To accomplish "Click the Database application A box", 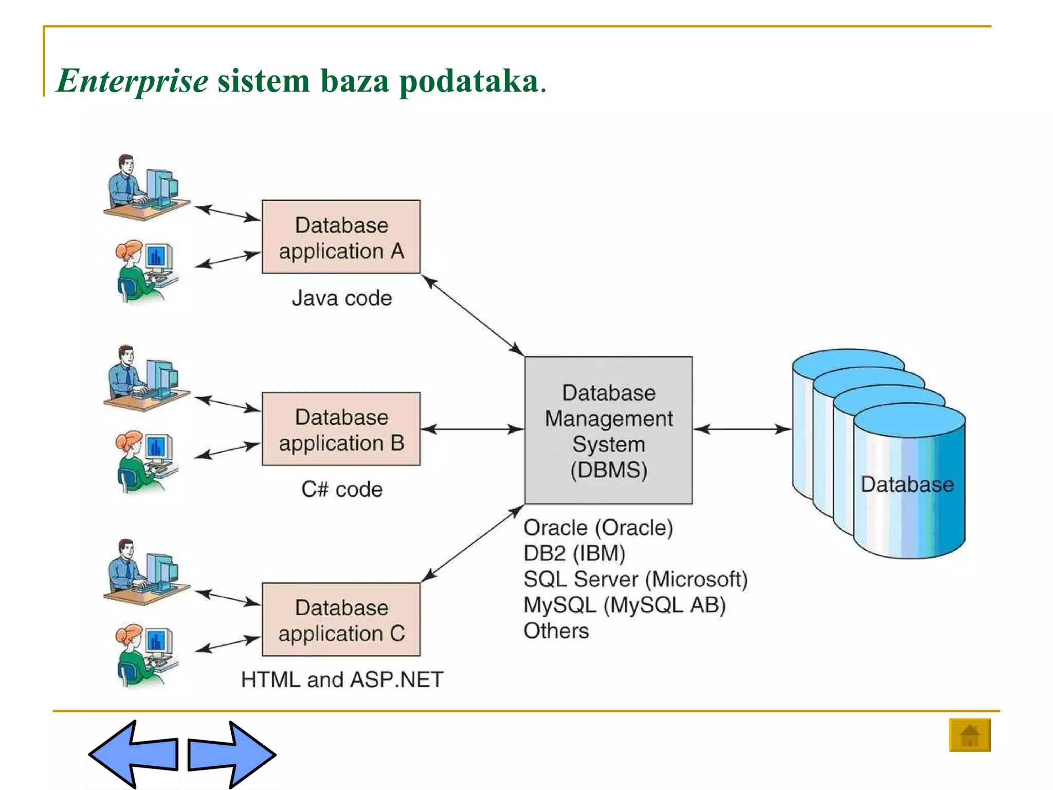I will (341, 237).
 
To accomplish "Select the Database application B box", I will (341, 429).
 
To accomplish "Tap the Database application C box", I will (341, 619).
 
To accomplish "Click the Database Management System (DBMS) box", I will (608, 430).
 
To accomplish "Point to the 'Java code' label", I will (342, 298).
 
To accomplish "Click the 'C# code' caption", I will (342, 489).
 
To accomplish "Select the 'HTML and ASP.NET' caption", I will (342, 679).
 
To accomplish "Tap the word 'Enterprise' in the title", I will (133, 81).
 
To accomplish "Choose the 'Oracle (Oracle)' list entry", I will (598, 528).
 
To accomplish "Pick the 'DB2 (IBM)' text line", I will (574, 553).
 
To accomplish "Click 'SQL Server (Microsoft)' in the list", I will (636, 579).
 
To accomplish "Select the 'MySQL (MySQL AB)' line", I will (624, 605).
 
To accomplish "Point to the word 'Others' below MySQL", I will (556, 631).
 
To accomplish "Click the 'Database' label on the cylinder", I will (907, 484).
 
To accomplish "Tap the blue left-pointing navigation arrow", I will (134, 754).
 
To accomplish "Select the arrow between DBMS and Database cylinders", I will (742, 429).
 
